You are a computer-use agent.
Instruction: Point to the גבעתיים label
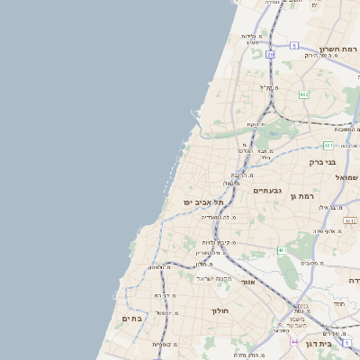268,191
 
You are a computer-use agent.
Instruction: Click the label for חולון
220,310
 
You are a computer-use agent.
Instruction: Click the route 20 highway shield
270,54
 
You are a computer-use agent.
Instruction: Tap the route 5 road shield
294,45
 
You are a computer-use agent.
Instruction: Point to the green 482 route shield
304,94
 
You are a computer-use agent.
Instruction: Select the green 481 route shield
329,145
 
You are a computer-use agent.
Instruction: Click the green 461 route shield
282,250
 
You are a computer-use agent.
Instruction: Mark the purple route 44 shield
294,341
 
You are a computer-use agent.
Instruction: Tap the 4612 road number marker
350,220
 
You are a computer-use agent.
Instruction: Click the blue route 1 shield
356,331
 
